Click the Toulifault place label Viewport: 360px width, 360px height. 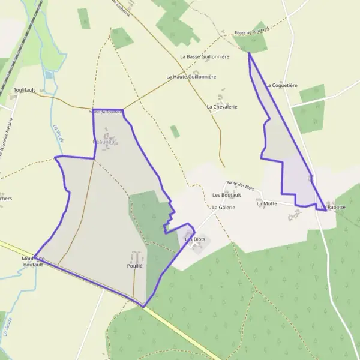coord(25,90)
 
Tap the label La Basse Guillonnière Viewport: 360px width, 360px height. coord(205,56)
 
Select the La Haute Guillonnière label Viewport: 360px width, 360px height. coord(191,77)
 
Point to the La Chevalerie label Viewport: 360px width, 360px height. coord(221,107)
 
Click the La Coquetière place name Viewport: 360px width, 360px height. coord(281,85)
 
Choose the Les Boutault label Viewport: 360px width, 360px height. coord(227,195)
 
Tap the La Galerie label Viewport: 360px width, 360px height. coord(223,207)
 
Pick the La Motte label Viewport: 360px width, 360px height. coord(266,204)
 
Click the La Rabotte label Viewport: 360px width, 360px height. coord(334,207)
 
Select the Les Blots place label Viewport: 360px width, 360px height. coord(195,239)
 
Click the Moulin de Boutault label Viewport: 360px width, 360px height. coord(34,261)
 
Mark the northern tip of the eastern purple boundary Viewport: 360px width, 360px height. coord(248,53)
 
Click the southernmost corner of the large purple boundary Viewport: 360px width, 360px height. coord(143,307)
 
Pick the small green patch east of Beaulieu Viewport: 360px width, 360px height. coord(175,131)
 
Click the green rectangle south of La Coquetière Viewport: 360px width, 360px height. coord(310,117)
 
